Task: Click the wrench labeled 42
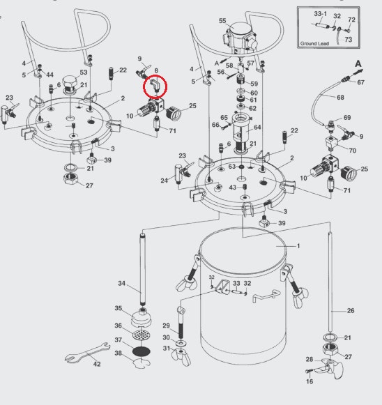(88, 352)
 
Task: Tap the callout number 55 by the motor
(222, 21)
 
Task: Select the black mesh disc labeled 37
(141, 351)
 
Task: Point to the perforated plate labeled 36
(141, 335)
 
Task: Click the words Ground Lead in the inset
(314, 44)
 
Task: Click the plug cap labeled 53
(70, 83)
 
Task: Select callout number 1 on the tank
(298, 246)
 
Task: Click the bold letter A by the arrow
(358, 63)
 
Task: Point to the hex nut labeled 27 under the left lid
(71, 178)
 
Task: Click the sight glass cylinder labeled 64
(241, 132)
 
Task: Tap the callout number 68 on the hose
(340, 98)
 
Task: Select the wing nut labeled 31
(181, 357)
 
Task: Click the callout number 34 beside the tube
(122, 283)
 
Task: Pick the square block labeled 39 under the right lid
(264, 222)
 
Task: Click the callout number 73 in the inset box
(348, 40)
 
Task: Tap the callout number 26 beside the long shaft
(351, 310)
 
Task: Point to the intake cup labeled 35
(141, 319)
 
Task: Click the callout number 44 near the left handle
(49, 75)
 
